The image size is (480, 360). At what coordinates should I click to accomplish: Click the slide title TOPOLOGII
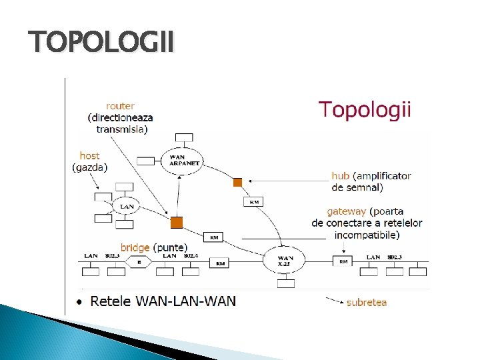pyautogui.click(x=102, y=43)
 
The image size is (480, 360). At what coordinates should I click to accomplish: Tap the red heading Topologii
pyautogui.click(x=365, y=109)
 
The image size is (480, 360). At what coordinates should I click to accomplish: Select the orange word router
pyautogui.click(x=120, y=105)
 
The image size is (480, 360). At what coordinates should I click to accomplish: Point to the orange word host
pyautogui.click(x=89, y=156)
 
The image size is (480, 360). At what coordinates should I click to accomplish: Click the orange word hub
pyautogui.click(x=340, y=176)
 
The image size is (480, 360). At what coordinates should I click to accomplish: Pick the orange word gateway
pyautogui.click(x=346, y=211)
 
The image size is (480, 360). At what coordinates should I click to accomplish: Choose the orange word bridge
pyautogui.click(x=135, y=247)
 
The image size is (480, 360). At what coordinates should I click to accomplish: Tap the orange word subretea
pyautogui.click(x=366, y=302)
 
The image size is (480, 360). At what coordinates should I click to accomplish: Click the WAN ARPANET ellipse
pyautogui.click(x=183, y=159)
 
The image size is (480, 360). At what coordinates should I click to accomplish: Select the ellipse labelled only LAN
pyautogui.click(x=127, y=207)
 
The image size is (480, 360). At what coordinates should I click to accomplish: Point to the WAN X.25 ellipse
pyautogui.click(x=285, y=261)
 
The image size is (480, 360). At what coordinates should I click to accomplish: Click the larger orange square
pyautogui.click(x=176, y=222)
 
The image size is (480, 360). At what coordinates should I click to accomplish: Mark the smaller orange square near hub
pyautogui.click(x=237, y=182)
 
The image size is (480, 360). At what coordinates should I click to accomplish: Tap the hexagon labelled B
pyautogui.click(x=139, y=263)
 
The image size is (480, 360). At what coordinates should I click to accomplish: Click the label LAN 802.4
pyautogui.click(x=180, y=255)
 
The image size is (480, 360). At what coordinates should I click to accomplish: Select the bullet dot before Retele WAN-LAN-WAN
pyautogui.click(x=79, y=301)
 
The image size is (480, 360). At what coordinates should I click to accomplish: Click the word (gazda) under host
pyautogui.click(x=89, y=167)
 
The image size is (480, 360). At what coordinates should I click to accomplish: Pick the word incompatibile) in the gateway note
pyautogui.click(x=367, y=235)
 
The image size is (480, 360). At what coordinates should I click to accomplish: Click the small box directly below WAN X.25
pyautogui.click(x=286, y=283)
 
